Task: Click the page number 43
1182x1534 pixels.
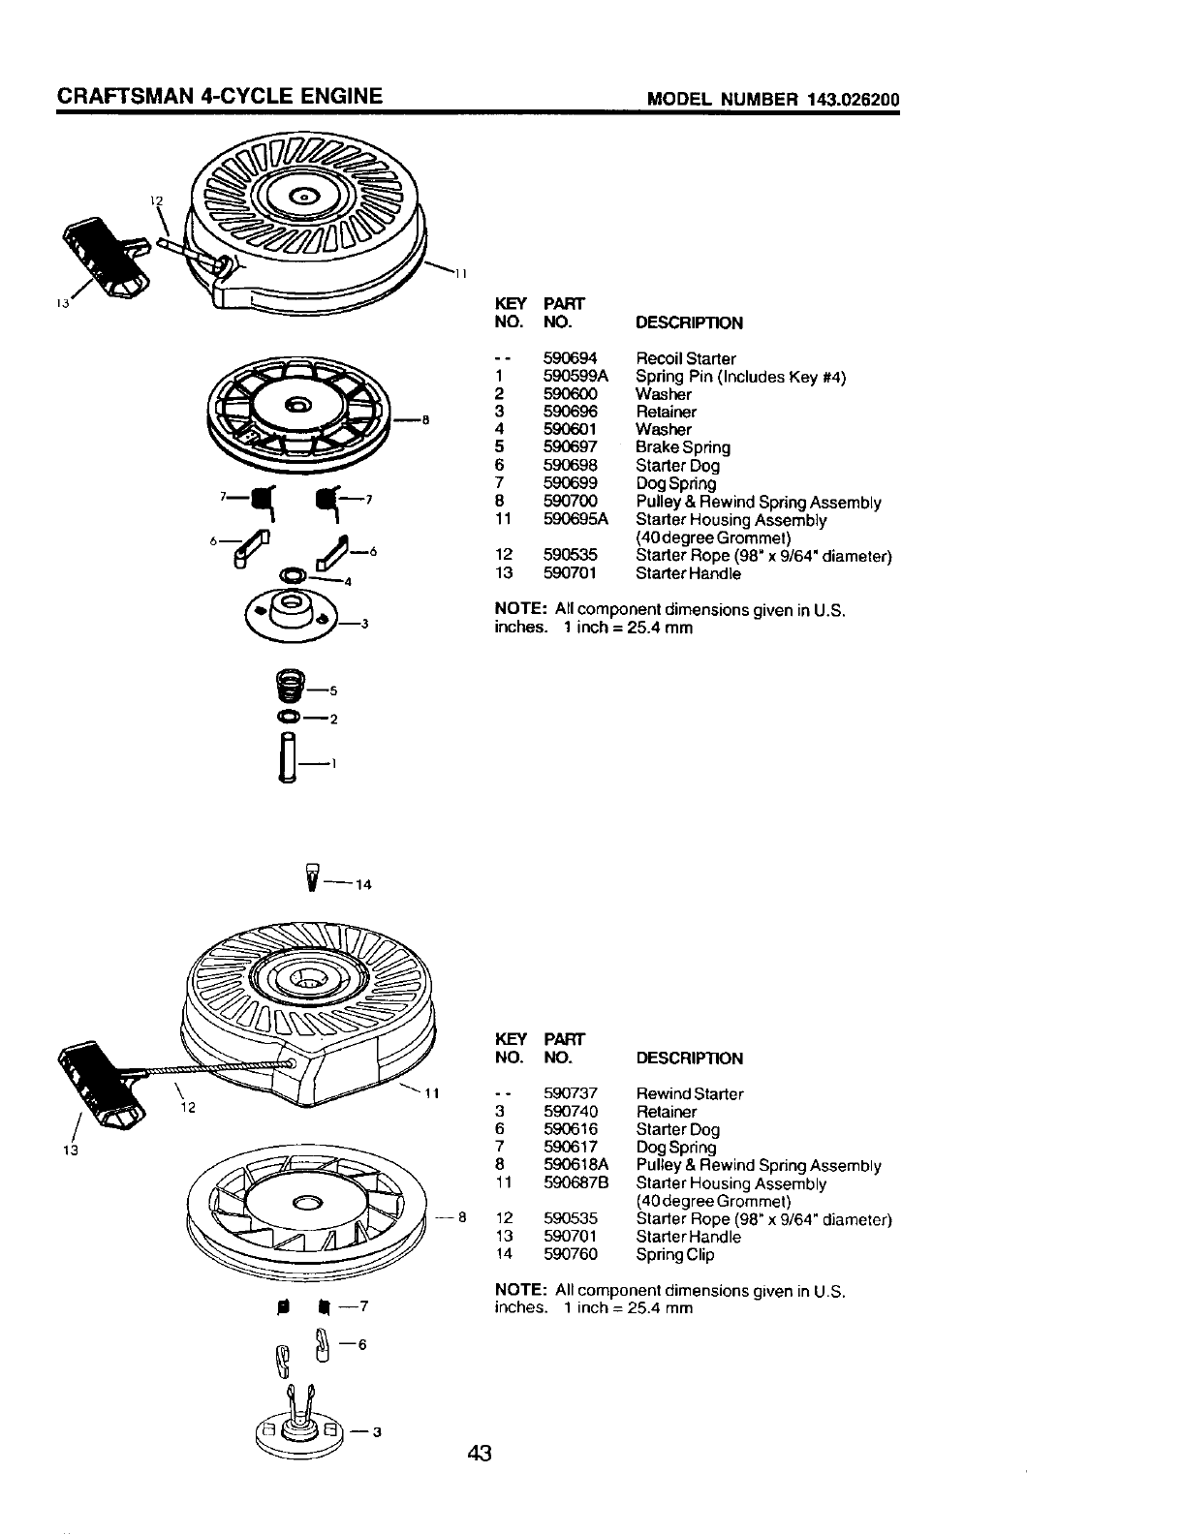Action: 481,1453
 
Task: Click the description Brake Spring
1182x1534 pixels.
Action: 682,447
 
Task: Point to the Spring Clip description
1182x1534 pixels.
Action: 674,1254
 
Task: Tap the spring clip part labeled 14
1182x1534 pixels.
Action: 311,874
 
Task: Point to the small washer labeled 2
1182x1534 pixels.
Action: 288,718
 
